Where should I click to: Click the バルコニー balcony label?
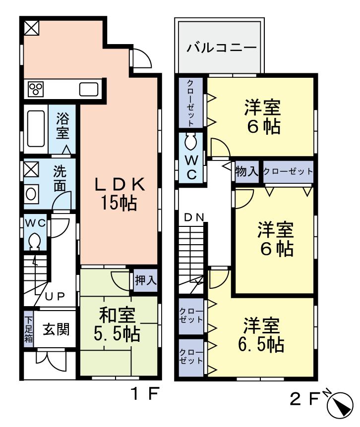(222, 49)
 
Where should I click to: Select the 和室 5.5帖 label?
(117, 324)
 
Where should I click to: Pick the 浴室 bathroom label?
(62, 126)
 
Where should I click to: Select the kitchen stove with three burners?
(35, 89)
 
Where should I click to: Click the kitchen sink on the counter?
(89, 90)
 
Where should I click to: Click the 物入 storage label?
(246, 172)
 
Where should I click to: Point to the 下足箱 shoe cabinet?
(28, 327)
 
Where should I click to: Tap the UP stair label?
(55, 296)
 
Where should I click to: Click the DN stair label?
(194, 216)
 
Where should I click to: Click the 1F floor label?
(144, 395)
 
